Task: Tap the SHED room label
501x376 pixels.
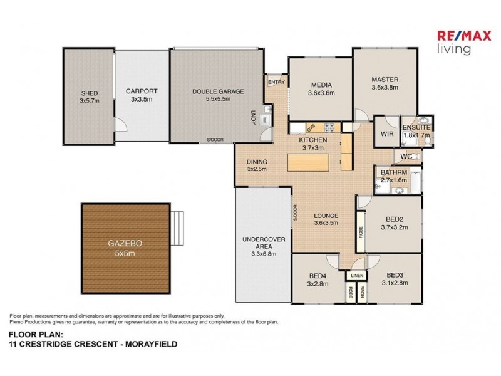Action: click(x=88, y=93)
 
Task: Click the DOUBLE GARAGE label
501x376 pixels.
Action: click(x=218, y=91)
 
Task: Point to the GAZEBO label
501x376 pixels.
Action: click(x=125, y=245)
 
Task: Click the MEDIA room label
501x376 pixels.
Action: click(x=321, y=86)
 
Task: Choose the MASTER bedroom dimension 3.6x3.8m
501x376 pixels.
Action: click(x=385, y=88)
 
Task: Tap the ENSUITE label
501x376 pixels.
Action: click(x=416, y=127)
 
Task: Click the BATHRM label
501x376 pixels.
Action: click(x=394, y=172)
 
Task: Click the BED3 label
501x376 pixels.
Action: click(x=394, y=275)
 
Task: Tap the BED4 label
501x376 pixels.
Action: click(x=316, y=275)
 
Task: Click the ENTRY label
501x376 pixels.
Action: click(x=276, y=82)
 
